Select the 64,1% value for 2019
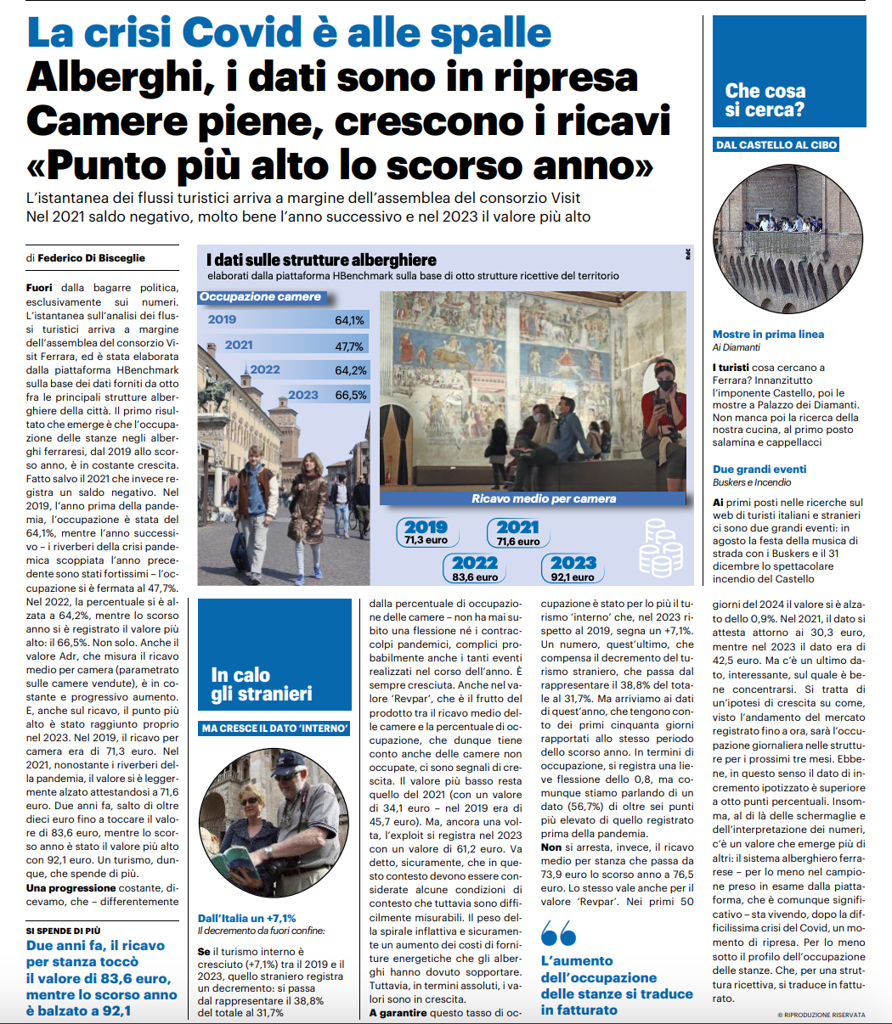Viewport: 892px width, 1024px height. click(x=349, y=320)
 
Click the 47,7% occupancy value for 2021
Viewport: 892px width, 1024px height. click(x=349, y=346)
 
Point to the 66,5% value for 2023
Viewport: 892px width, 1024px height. click(x=351, y=395)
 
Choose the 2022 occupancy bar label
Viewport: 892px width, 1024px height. click(x=265, y=370)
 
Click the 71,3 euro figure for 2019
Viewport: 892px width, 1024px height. click(x=426, y=540)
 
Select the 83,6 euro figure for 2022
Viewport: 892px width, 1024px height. click(x=475, y=577)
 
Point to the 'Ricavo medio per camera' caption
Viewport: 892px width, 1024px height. click(x=544, y=498)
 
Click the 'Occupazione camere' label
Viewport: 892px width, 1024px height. click(x=260, y=297)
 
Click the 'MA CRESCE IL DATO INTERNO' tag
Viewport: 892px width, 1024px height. click(x=274, y=729)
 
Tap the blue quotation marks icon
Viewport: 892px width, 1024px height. click(x=558, y=935)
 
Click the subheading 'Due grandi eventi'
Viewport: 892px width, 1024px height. click(x=759, y=469)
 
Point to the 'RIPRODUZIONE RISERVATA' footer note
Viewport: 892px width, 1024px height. click(x=821, y=1015)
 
